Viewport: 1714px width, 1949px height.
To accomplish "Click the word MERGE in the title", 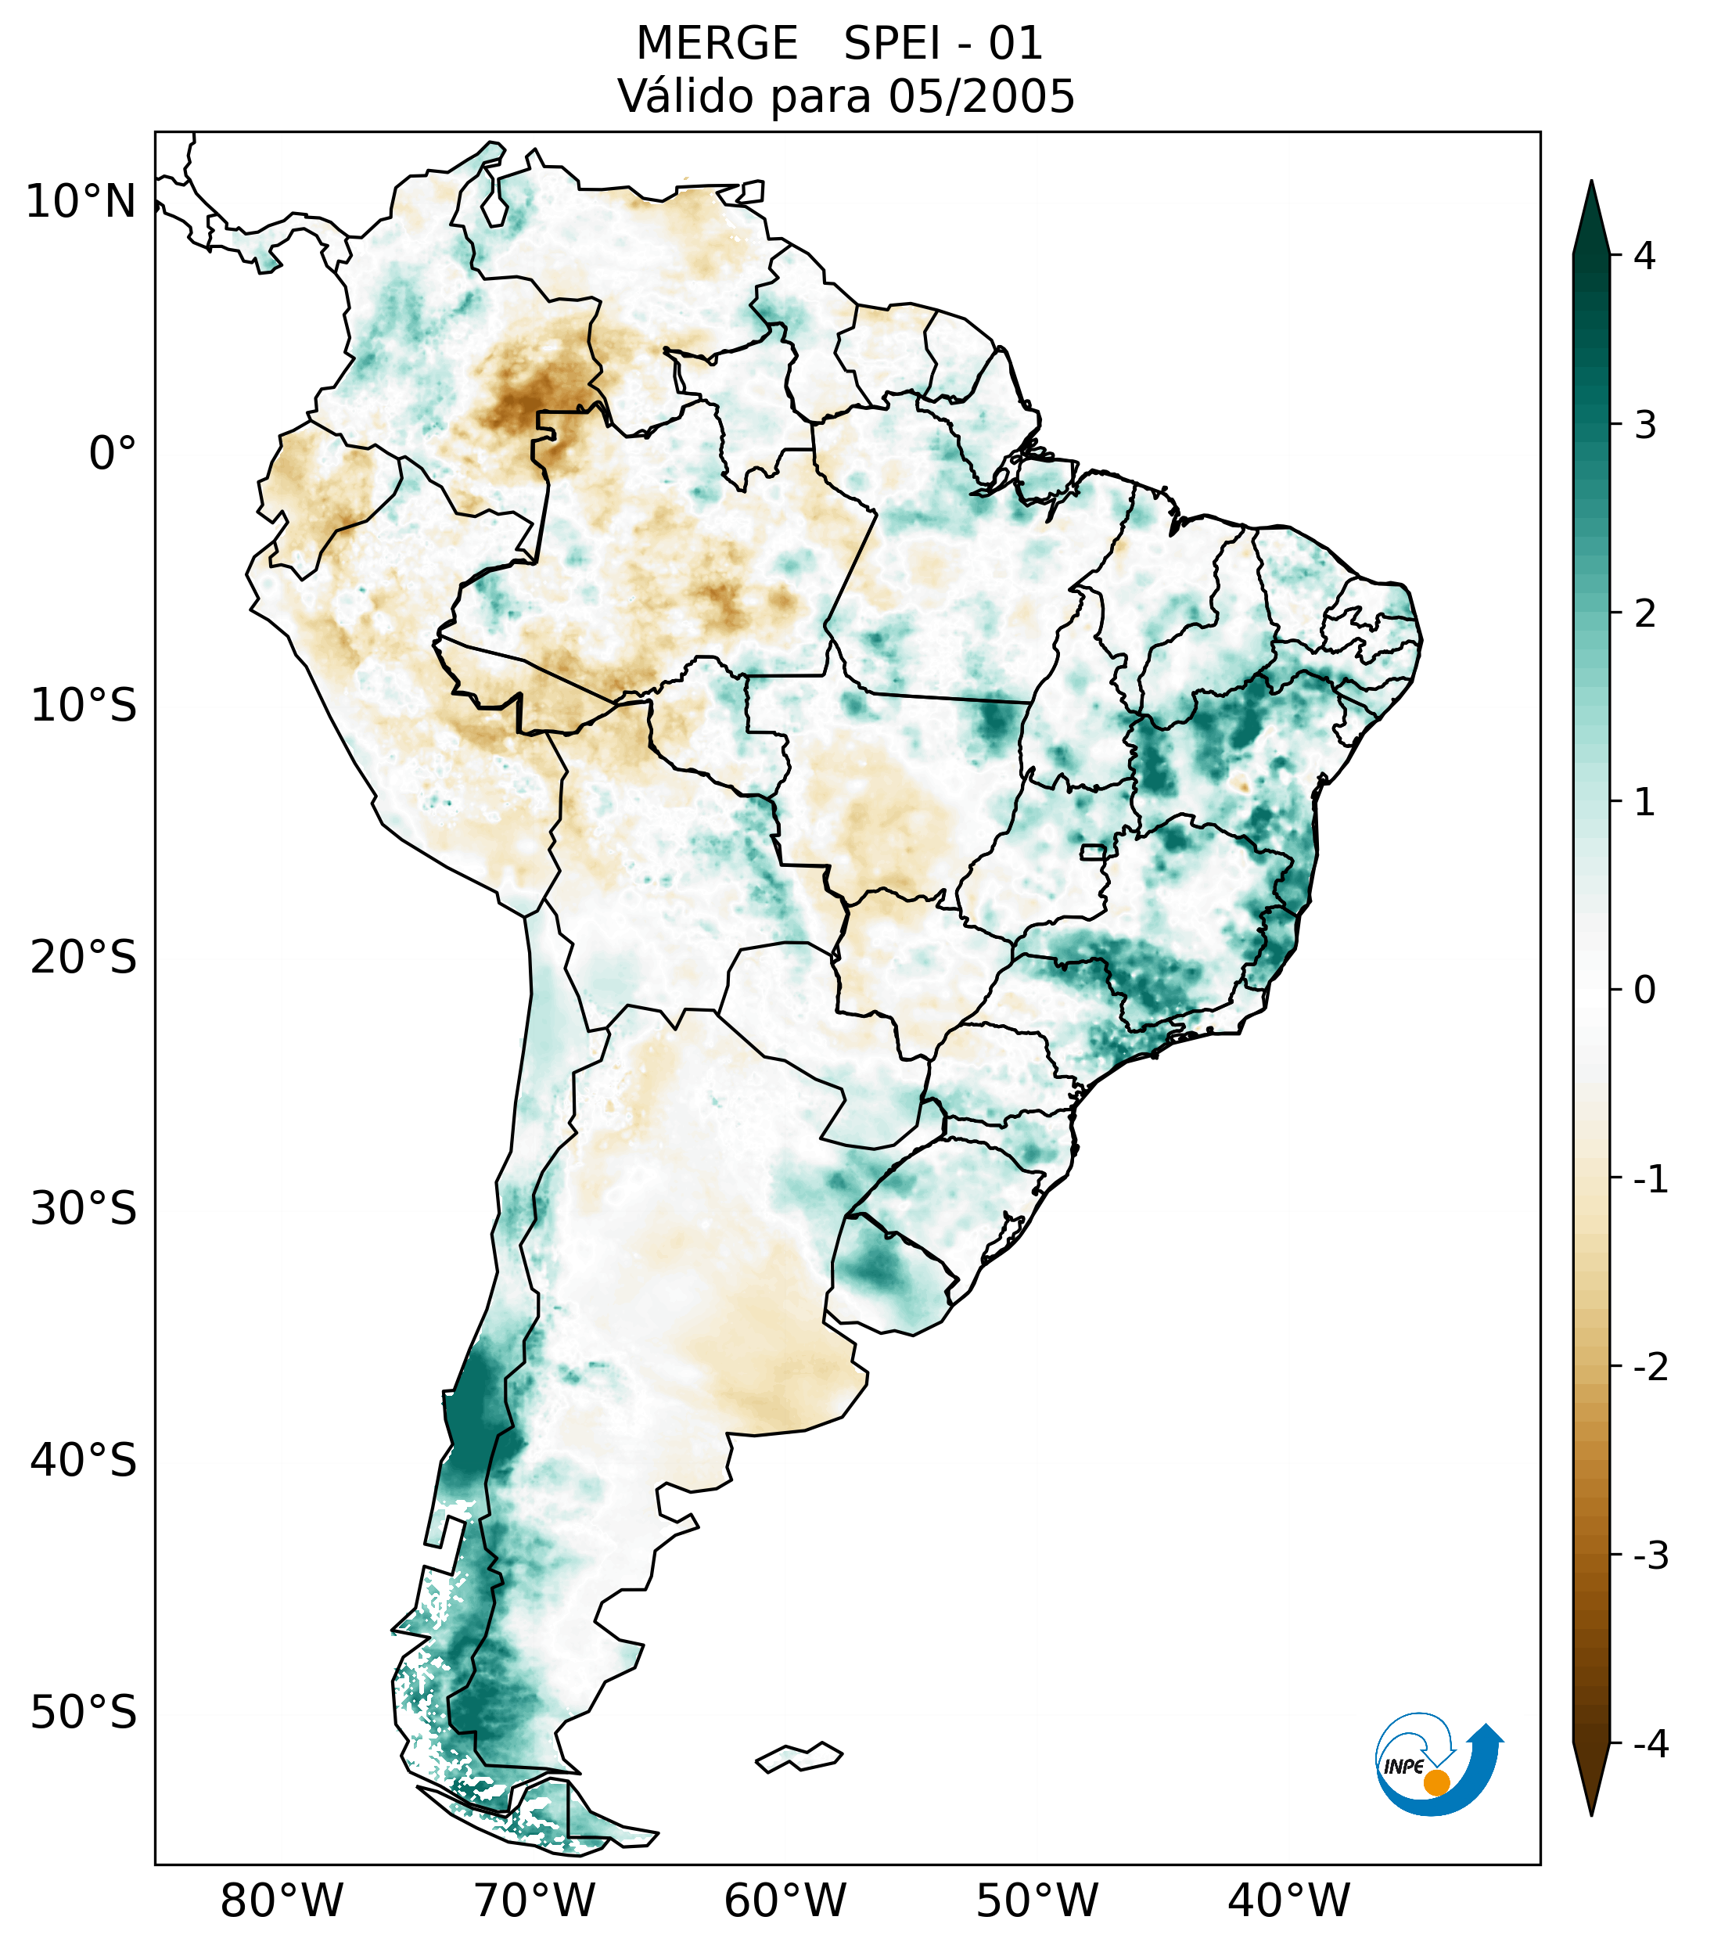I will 716,44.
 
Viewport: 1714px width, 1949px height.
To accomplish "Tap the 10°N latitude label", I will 81,202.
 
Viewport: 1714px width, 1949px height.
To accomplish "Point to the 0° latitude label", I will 113,454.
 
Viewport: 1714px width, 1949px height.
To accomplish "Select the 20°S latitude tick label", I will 84,958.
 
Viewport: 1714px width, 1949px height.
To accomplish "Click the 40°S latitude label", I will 84,1461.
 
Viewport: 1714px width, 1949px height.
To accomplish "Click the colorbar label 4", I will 1644,256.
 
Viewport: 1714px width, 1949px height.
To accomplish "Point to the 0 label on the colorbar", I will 1644,991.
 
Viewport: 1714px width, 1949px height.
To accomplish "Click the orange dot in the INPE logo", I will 1436,1782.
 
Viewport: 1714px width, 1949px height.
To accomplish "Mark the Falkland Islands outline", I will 799,1757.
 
